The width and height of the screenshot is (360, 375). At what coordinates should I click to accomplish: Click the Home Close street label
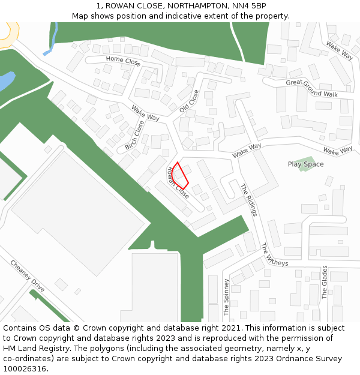123,61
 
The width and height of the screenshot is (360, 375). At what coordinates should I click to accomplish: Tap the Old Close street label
188,101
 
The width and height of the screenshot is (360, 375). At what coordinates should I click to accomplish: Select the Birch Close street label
135,136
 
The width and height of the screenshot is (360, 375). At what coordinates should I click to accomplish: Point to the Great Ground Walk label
312,89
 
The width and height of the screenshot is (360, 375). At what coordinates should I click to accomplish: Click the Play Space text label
305,164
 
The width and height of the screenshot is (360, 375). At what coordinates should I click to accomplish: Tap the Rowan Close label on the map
178,183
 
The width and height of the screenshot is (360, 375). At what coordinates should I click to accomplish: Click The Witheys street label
274,254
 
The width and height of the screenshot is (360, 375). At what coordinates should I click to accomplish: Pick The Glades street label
325,282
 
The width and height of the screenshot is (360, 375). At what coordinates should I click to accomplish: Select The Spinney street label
226,297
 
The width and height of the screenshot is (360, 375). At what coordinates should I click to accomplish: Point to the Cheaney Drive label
28,277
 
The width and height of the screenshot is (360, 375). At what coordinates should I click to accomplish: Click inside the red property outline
180,175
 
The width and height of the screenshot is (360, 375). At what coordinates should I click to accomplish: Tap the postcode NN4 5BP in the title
251,5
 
